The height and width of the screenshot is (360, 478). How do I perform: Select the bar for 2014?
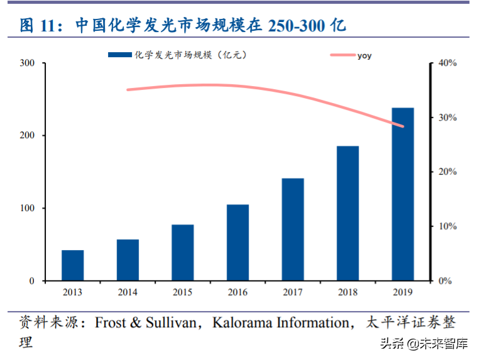(x=128, y=260)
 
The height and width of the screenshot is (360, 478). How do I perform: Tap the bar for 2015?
(x=183, y=253)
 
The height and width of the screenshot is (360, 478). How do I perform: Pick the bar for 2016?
(x=237, y=243)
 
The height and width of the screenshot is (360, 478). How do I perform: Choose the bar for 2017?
(x=293, y=229)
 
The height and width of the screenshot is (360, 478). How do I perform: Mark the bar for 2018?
(x=348, y=214)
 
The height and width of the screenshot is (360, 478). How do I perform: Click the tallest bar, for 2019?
(x=403, y=194)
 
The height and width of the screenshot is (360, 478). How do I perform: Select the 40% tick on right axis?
(x=447, y=63)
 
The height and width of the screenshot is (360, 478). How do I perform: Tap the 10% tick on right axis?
(x=447, y=226)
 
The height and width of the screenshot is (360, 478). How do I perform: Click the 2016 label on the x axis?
(x=237, y=292)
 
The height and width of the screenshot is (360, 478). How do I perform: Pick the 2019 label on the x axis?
(x=403, y=292)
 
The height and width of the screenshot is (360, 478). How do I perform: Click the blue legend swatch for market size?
(x=120, y=55)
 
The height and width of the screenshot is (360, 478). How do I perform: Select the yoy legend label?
(x=364, y=56)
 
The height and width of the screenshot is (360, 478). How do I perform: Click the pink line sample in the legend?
(x=342, y=56)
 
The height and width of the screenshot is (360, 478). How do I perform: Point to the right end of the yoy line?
(x=403, y=126)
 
